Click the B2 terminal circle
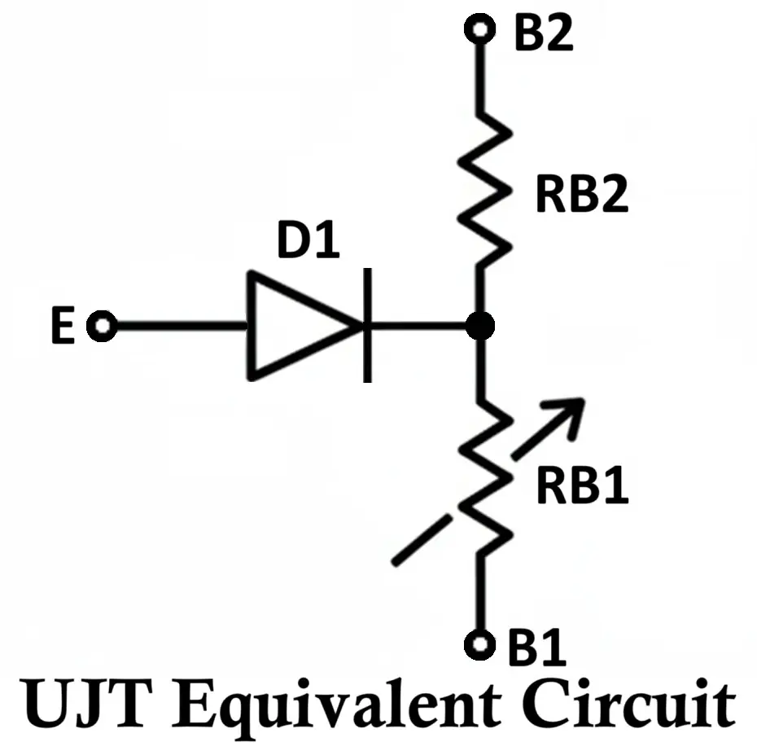click(x=479, y=30)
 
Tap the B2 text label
click(x=543, y=33)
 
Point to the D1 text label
click(x=307, y=243)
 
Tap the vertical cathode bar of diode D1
click(x=368, y=326)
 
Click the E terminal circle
click(x=103, y=327)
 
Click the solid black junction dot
click(x=480, y=327)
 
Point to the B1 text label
click(x=536, y=648)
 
